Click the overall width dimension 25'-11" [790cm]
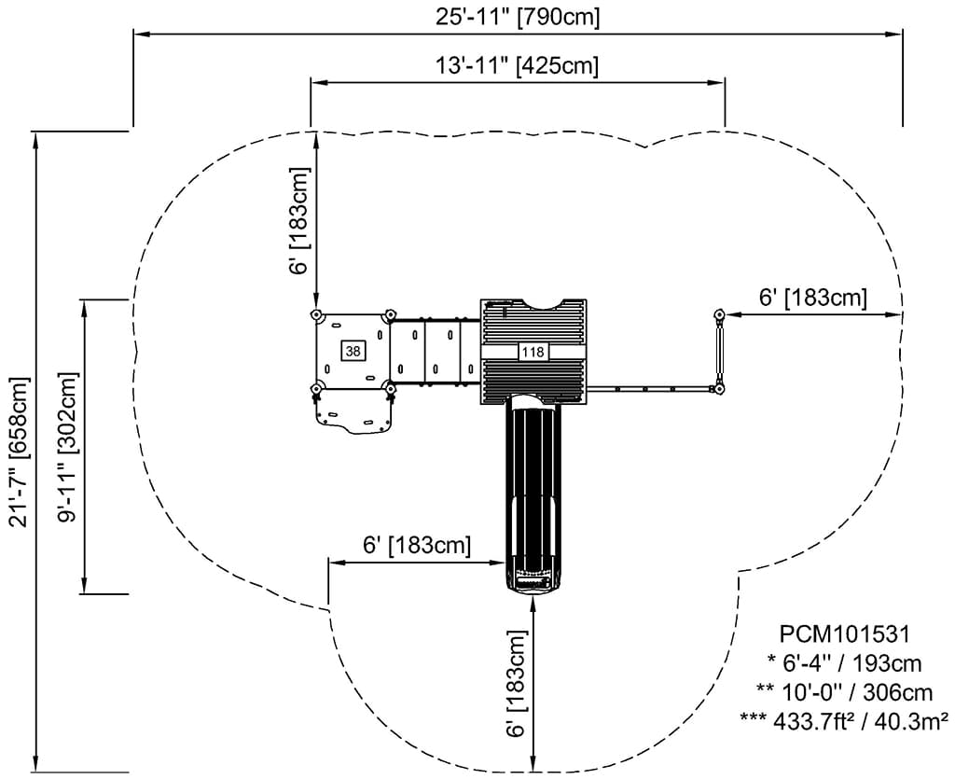pyautogui.click(x=517, y=17)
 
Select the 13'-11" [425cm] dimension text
pyautogui.click(x=517, y=64)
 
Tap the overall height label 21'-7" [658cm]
pyautogui.click(x=19, y=452)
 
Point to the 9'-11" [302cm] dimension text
pyautogui.click(x=67, y=447)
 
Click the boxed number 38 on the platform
pyautogui.click(x=353, y=351)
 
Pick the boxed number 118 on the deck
pyautogui.click(x=533, y=352)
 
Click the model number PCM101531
pyautogui.click(x=844, y=634)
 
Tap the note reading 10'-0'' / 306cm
pyautogui.click(x=844, y=692)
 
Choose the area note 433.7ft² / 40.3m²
pyautogui.click(x=844, y=721)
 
